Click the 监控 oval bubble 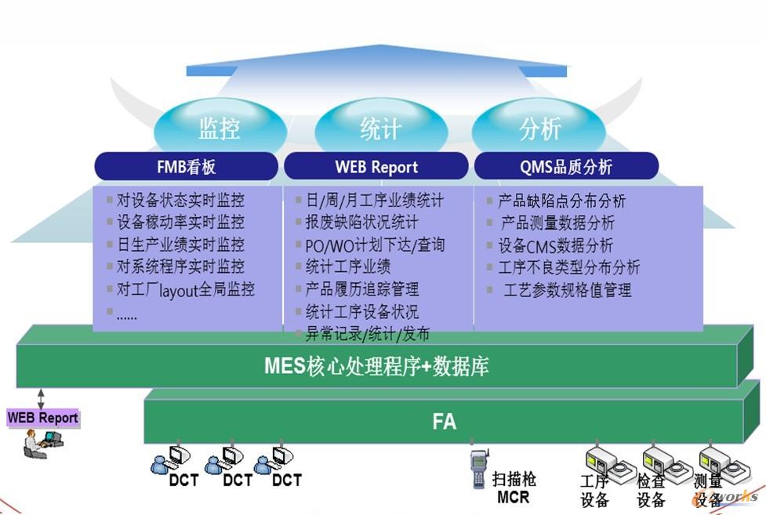pos(219,128)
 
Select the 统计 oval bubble pos(380,128)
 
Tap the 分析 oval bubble pos(539,128)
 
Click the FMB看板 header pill pos(186,166)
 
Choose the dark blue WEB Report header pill pos(376,166)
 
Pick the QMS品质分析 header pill pos(565,166)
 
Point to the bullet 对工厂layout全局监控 pos(186,289)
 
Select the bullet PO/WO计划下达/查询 pos(375,245)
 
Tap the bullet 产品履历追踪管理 pos(362,289)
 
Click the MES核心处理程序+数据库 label pos(376,366)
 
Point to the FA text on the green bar pos(444,422)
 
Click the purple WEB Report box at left pos(43,418)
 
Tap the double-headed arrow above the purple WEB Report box pos(40,397)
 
